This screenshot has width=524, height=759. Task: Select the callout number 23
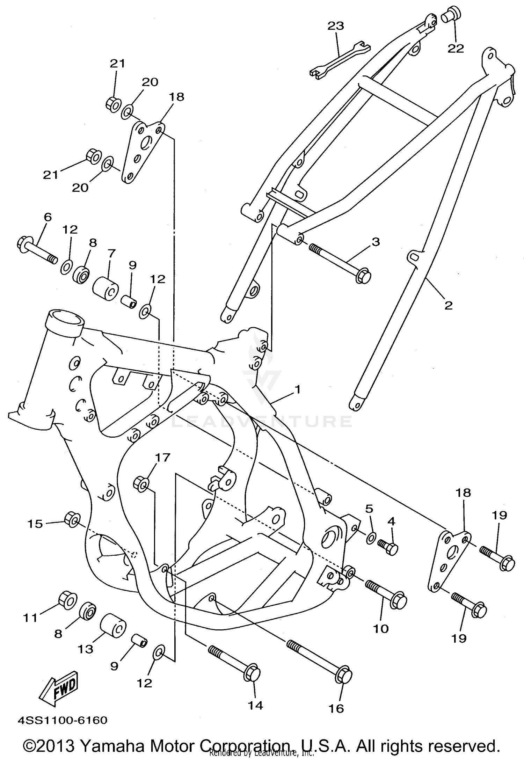336,26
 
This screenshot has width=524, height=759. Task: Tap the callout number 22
456,48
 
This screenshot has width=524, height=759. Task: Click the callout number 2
448,305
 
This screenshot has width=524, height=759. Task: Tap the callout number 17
162,457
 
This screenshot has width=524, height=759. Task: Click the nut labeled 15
73,519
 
